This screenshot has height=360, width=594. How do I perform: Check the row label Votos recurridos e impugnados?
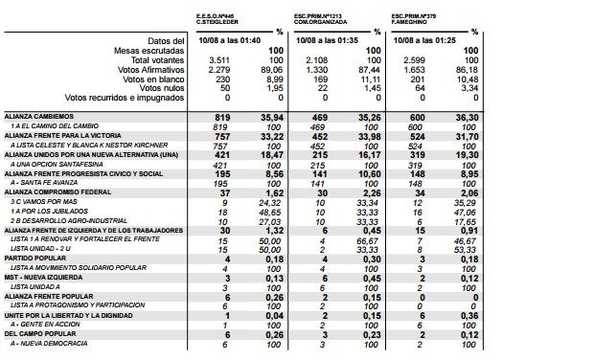124,97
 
